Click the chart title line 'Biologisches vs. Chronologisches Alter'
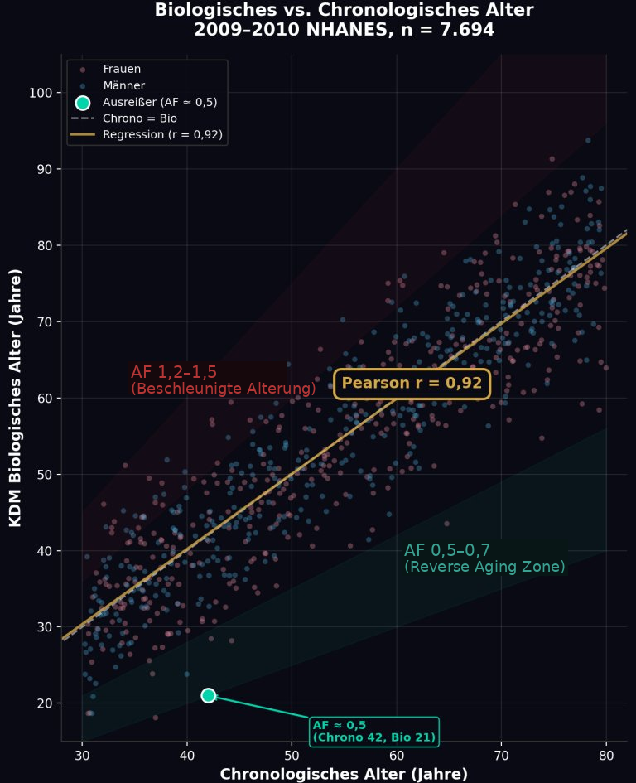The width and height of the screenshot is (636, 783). (344, 11)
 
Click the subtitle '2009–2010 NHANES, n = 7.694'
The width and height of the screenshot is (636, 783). (344, 31)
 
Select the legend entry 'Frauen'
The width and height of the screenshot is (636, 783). (122, 69)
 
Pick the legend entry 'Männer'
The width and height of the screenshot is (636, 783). (123, 85)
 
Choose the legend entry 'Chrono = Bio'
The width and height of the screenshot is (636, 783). (139, 118)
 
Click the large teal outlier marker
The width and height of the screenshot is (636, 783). (208, 695)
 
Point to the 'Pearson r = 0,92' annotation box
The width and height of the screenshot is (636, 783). (412, 384)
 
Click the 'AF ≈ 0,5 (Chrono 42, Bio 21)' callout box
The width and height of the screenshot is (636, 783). (374, 732)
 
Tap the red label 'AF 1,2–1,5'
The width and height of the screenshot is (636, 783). (174, 373)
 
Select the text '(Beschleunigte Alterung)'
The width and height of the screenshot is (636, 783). (224, 389)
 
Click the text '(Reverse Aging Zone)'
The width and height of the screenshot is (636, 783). (484, 568)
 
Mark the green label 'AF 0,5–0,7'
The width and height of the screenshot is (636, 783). (447, 551)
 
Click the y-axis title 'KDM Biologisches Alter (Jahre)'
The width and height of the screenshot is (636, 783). (16, 397)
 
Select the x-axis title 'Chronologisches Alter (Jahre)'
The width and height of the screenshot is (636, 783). (344, 774)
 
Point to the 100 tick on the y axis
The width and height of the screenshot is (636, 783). (40, 93)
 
